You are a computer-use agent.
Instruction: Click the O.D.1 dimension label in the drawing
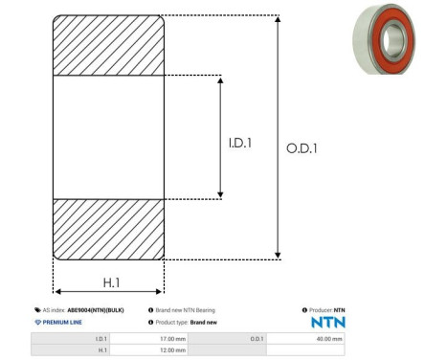click(x=302, y=148)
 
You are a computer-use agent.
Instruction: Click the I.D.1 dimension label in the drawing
click(x=240, y=143)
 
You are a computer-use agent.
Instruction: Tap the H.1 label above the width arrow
click(x=112, y=282)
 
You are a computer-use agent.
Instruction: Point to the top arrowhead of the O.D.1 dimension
click(x=278, y=19)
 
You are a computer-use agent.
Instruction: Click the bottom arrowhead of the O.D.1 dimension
click(x=278, y=256)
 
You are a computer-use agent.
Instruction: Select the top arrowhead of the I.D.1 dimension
click(x=220, y=79)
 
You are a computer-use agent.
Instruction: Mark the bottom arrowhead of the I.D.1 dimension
click(x=220, y=194)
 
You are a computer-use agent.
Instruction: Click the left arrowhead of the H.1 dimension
click(x=58, y=291)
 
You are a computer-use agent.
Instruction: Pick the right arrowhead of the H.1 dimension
click(x=159, y=291)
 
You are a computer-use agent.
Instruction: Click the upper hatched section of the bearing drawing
click(x=108, y=45)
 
